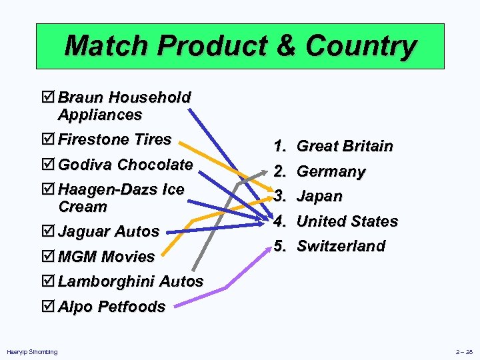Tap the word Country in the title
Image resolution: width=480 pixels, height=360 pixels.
coord(361,46)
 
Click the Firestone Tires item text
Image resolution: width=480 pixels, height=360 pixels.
coord(115,139)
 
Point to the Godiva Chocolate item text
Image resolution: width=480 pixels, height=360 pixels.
coord(125,164)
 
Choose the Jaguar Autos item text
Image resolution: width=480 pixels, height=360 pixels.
coord(109,231)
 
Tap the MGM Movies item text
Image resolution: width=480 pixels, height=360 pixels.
coord(106,256)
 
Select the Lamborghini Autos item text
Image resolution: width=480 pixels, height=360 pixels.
coord(130,281)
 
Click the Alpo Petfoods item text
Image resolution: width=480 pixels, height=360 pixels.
coord(111,307)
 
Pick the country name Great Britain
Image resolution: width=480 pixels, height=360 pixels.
coord(345,146)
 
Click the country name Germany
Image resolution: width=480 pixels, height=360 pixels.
coord(331,171)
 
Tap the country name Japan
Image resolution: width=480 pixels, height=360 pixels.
coord(319,196)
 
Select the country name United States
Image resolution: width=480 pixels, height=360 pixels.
coord(347,221)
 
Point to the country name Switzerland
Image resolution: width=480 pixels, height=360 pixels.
coord(341,246)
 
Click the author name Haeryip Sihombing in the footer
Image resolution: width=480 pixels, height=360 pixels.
coord(32,351)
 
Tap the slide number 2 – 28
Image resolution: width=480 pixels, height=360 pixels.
coord(464,351)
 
